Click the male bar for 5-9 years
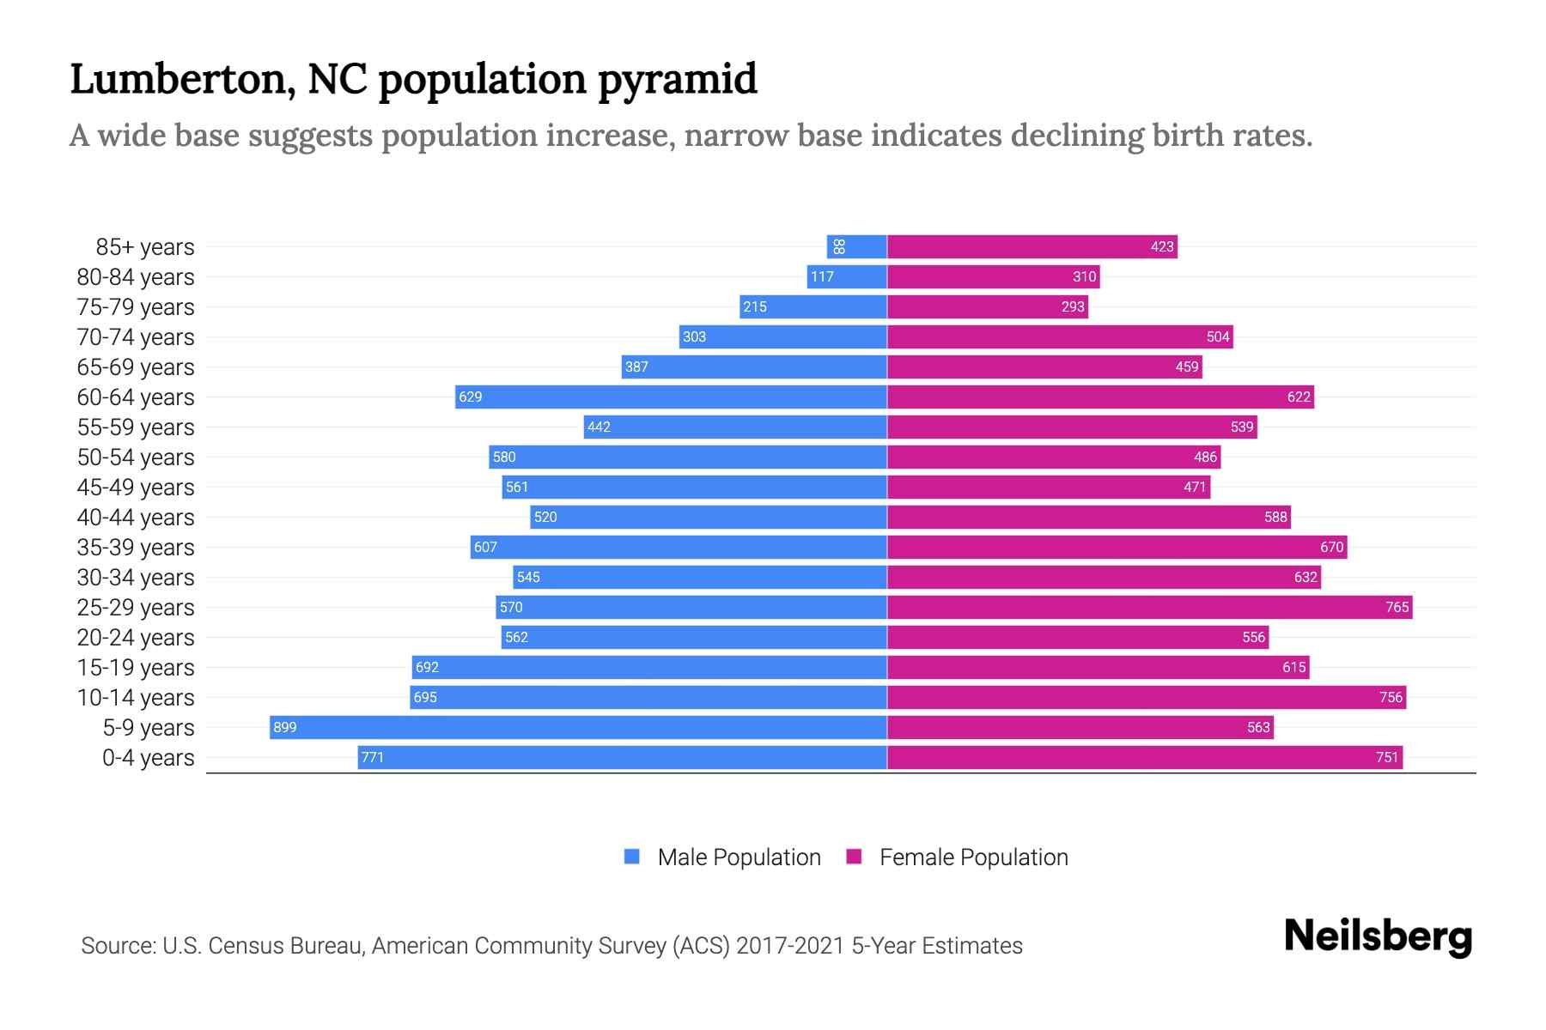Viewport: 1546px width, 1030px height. pos(578,727)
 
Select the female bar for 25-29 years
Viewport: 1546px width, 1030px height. pos(1149,607)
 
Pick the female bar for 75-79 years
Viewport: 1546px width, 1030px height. pos(988,306)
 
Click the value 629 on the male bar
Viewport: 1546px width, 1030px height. pos(471,397)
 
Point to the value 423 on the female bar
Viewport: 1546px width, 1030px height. pos(1161,246)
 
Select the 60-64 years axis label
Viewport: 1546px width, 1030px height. pos(136,397)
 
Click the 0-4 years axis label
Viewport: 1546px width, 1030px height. pos(148,758)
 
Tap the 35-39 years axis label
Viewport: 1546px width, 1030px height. pos(136,548)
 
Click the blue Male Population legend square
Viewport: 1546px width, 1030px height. pos(632,857)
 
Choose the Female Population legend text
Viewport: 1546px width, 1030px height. pos(973,857)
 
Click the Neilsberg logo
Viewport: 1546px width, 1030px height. pos(1378,936)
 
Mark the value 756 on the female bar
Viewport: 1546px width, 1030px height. pos(1391,697)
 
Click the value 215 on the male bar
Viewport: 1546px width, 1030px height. pos(755,306)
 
